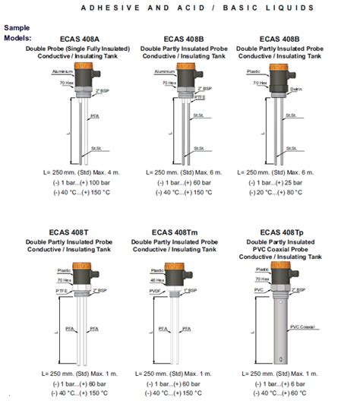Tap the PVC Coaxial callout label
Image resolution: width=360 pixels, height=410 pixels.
tap(304, 327)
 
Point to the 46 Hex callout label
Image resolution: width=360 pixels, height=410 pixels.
tap(157, 280)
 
